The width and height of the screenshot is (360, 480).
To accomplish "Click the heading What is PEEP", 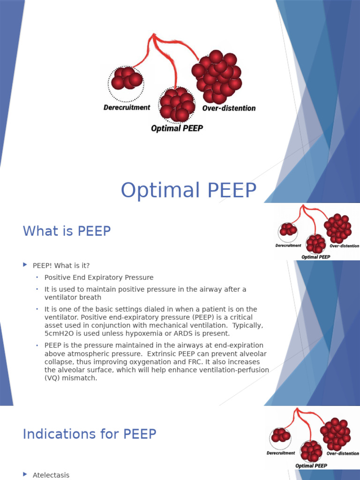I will point(67,231).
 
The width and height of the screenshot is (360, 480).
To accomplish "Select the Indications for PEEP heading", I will point(89,434).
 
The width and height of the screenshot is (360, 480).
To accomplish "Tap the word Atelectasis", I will point(51,475).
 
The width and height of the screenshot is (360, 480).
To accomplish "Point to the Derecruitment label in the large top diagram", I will point(127,107).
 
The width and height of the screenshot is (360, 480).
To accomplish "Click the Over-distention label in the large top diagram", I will point(229,108).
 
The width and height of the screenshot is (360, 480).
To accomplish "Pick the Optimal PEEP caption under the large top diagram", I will point(177,128).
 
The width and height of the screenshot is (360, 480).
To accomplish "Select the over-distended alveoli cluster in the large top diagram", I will point(216,77).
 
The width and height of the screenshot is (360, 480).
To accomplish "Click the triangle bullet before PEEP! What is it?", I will point(25,265).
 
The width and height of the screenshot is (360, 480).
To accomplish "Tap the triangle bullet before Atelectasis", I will point(25,475).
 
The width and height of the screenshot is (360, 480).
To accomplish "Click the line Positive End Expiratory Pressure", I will point(98,277).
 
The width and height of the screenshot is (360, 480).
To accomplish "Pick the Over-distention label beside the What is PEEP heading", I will point(344,246).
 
